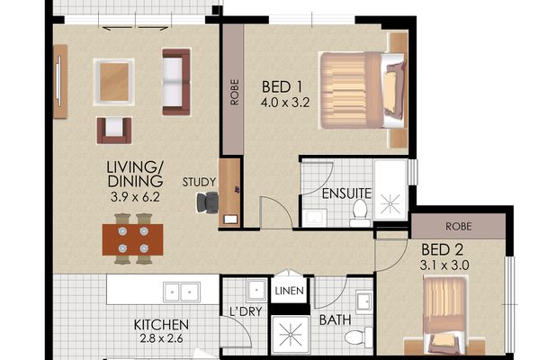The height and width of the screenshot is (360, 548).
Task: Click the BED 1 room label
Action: pyautogui.click(x=281, y=87)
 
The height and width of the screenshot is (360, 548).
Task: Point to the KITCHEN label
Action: pyautogui.click(x=161, y=325)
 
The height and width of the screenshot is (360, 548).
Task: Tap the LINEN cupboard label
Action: pyautogui.click(x=290, y=291)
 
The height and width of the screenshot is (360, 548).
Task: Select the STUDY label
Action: pyautogui.click(x=199, y=181)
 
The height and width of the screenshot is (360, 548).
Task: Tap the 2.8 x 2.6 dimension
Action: pyautogui.click(x=161, y=340)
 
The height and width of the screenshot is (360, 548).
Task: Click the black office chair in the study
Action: pyautogui.click(x=210, y=202)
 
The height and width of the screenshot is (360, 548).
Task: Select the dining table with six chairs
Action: pyautogui.click(x=132, y=239)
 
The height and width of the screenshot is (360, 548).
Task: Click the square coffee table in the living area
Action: pyautogui.click(x=114, y=79)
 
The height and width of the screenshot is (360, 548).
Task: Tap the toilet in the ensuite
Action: pyautogui.click(x=360, y=212)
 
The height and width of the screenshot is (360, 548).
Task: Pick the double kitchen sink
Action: pyautogui.click(x=180, y=292)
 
